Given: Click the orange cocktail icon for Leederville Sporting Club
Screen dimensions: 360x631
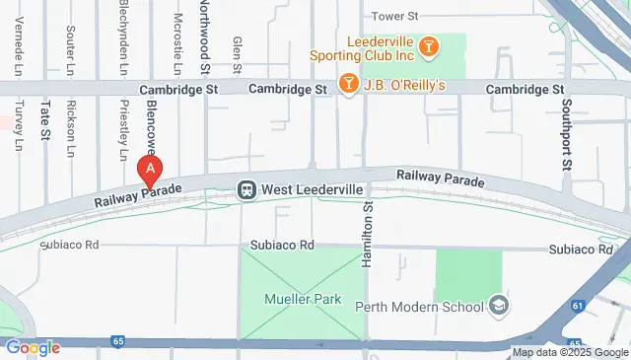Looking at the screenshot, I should [428, 45].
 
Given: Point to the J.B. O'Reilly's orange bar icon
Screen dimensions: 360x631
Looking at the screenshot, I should [347, 84].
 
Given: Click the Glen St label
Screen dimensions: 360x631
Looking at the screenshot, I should [237, 54].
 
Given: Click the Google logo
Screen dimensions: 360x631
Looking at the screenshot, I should [32, 347].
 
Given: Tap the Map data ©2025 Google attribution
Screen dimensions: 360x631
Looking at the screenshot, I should [570, 352].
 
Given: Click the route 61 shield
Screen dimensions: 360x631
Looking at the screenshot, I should [578, 307].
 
